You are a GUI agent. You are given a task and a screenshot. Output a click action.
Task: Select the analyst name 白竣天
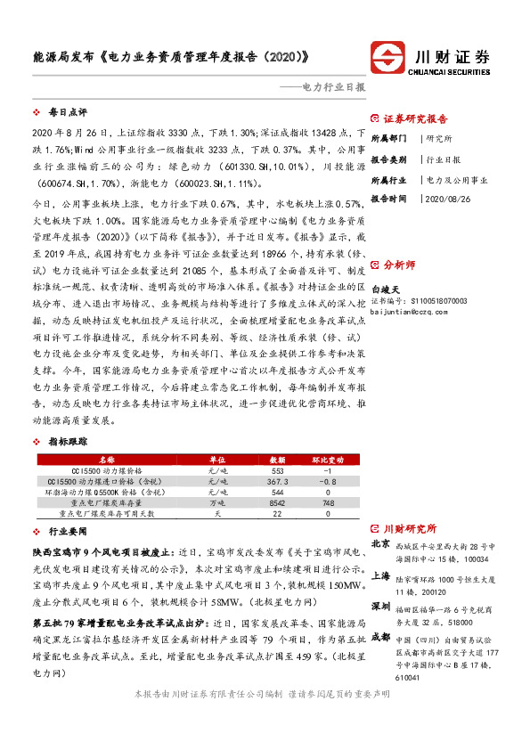(x=387, y=289)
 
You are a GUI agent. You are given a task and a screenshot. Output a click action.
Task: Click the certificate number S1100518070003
(x=435, y=300)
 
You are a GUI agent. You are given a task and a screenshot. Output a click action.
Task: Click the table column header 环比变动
(x=327, y=459)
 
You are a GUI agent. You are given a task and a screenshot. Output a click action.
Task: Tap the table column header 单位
(x=216, y=459)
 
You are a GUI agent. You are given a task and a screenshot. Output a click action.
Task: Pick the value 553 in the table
(x=276, y=469)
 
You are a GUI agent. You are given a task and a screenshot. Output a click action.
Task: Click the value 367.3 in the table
(x=276, y=480)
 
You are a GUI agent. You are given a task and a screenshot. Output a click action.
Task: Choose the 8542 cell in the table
(x=276, y=502)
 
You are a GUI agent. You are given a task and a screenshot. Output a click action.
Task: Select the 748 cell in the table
(x=327, y=502)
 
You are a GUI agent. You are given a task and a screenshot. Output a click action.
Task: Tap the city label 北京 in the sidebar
(x=380, y=543)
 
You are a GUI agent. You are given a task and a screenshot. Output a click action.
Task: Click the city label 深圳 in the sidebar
(x=380, y=607)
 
